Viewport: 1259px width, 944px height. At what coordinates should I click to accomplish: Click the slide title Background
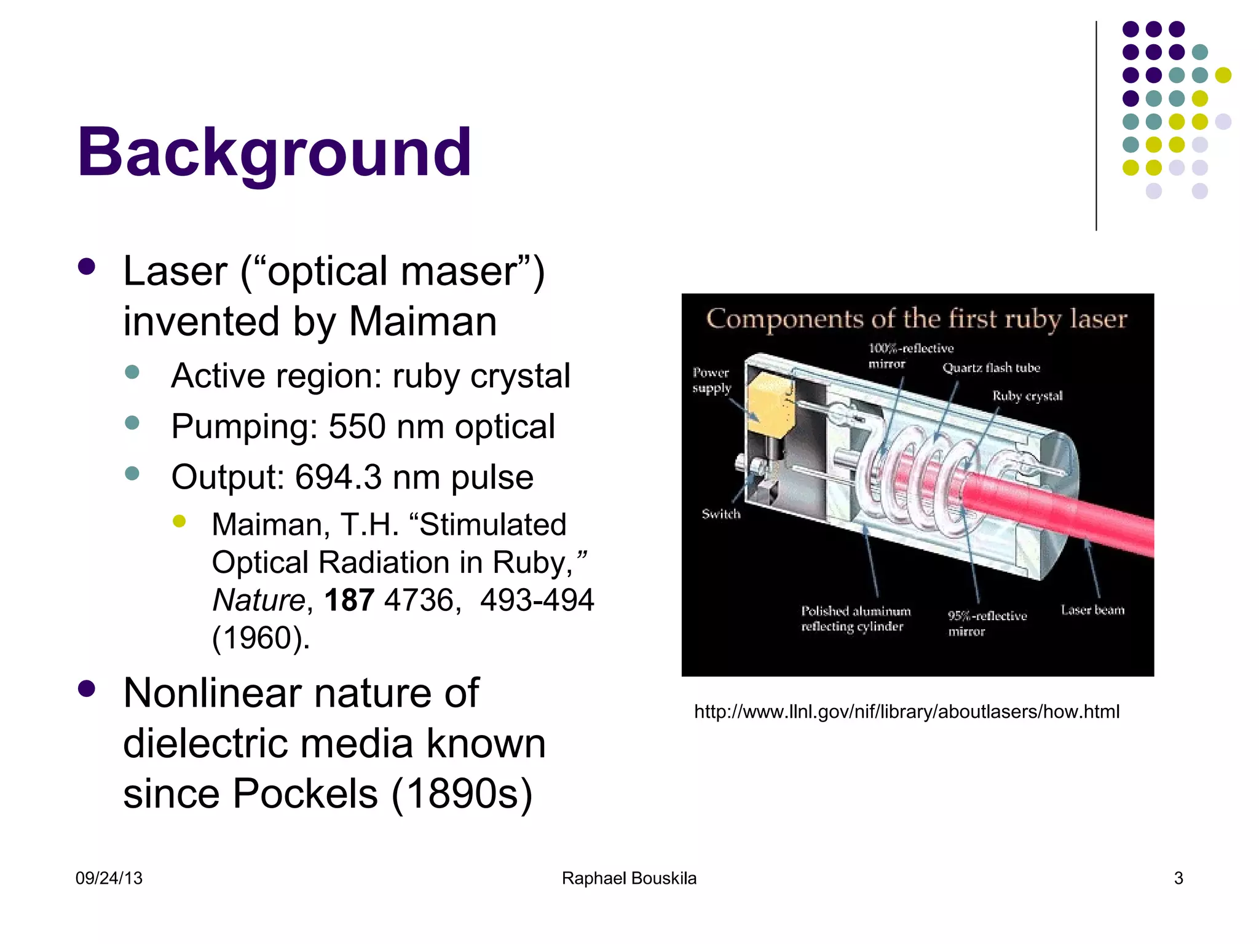click(274, 152)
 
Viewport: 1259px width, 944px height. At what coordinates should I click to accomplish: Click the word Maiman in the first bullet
click(423, 321)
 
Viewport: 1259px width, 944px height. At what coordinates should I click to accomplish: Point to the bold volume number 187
click(349, 600)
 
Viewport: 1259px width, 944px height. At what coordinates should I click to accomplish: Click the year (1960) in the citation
click(261, 638)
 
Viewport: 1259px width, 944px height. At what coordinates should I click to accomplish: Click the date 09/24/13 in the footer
click(109, 878)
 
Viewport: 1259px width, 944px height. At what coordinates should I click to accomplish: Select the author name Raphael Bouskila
click(629, 878)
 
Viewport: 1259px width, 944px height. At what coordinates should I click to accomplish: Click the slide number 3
click(1178, 878)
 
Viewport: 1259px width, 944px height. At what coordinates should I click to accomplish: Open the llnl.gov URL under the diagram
click(907, 712)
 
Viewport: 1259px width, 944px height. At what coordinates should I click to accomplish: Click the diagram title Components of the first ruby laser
click(917, 319)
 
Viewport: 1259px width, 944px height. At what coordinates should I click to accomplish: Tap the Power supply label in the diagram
click(711, 380)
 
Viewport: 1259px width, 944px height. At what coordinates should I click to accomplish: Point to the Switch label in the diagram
click(721, 514)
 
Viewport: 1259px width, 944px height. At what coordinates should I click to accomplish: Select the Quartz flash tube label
click(991, 368)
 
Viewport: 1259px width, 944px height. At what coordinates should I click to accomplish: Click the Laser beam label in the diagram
click(1092, 610)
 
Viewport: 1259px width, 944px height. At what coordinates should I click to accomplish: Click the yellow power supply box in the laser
click(770, 404)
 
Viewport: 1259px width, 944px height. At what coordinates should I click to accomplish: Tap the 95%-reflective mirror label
click(987, 623)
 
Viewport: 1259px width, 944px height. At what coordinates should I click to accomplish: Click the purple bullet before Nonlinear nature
click(87, 689)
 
